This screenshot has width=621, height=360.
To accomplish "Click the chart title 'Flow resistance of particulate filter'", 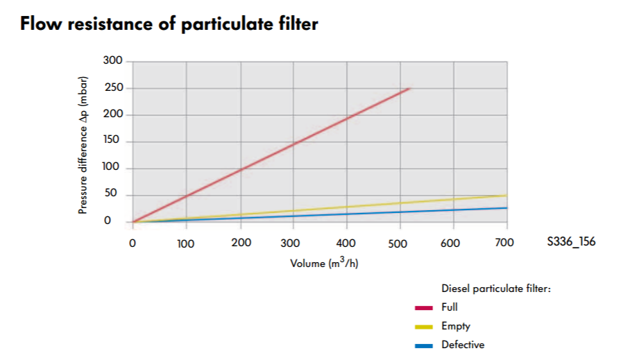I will pyautogui.click(x=169, y=24).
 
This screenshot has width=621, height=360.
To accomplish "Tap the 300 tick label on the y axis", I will pyautogui.click(x=113, y=61).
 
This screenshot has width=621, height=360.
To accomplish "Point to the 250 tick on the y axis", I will pyautogui.click(x=113, y=88).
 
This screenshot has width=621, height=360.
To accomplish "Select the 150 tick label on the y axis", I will pyautogui.click(x=113, y=141).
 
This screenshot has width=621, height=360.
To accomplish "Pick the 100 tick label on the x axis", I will pyautogui.click(x=186, y=243).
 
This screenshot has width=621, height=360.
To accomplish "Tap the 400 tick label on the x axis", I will pyautogui.click(x=346, y=243).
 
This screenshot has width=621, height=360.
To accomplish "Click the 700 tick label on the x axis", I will pyautogui.click(x=506, y=243).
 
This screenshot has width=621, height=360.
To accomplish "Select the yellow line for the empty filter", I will pyautogui.click(x=347, y=207).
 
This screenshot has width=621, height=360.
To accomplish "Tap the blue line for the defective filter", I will pyautogui.click(x=347, y=214).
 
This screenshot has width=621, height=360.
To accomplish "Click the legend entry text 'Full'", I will pyautogui.click(x=449, y=307).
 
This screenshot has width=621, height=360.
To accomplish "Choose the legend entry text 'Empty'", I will pyautogui.click(x=455, y=326).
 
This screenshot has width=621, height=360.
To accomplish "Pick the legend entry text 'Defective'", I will pyautogui.click(x=463, y=345).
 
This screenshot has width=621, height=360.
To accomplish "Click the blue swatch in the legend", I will pyautogui.click(x=424, y=345).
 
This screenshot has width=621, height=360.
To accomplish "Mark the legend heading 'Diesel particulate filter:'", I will pyautogui.click(x=495, y=289).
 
